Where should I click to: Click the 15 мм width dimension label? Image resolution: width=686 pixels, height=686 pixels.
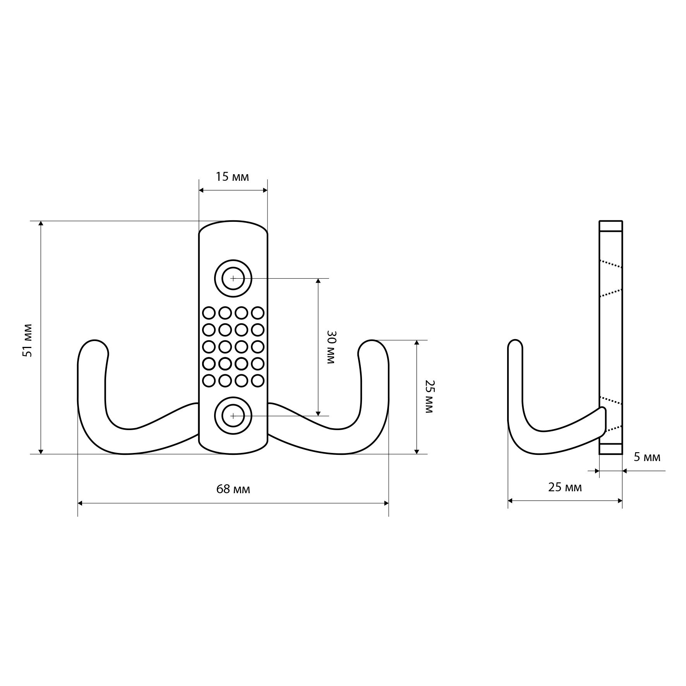click(232, 177)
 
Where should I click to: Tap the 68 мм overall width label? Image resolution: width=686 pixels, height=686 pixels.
click(233, 489)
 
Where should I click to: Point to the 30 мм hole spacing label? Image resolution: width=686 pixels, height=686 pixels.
click(330, 347)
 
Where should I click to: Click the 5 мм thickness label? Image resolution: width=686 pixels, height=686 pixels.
click(647, 457)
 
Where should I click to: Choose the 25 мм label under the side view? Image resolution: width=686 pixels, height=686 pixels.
click(565, 487)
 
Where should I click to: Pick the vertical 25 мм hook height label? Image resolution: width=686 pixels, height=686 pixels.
click(429, 396)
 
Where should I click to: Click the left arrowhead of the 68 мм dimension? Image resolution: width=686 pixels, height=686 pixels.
click(80, 503)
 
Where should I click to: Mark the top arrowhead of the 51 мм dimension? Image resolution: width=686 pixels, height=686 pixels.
click(41, 223)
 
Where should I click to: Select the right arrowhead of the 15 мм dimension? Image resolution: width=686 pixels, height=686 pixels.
click(265, 190)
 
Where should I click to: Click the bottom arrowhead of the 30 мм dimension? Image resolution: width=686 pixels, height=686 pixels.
click(318, 413)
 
